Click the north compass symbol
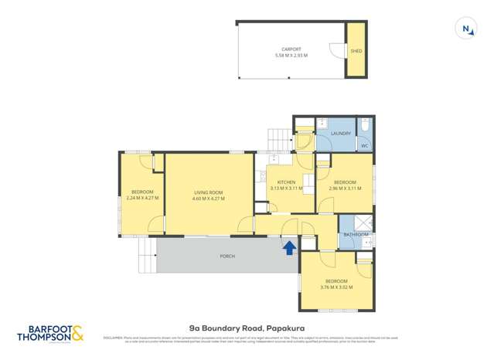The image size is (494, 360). pyautogui.click(x=467, y=29)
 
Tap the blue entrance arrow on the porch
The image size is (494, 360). pyautogui.click(x=289, y=247)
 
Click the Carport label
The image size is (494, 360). pyautogui.click(x=291, y=49)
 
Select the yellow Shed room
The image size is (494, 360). pyautogui.click(x=356, y=51)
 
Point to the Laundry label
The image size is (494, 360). pyautogui.click(x=341, y=134)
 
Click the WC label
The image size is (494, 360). pyautogui.click(x=364, y=145)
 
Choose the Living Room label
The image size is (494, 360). pyautogui.click(x=208, y=192)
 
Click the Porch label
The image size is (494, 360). pyautogui.click(x=227, y=256)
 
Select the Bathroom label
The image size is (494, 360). pyautogui.click(x=356, y=234)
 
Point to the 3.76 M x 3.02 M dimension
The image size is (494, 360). pyautogui.click(x=336, y=287)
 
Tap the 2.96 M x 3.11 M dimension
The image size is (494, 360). pyautogui.click(x=345, y=188)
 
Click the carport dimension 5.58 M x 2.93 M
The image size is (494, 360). pyautogui.click(x=291, y=56)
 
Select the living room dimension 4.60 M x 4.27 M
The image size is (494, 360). pyautogui.click(x=208, y=199)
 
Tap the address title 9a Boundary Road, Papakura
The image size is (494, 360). pyautogui.click(x=247, y=328)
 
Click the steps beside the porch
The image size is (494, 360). pyautogui.click(x=145, y=256)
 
